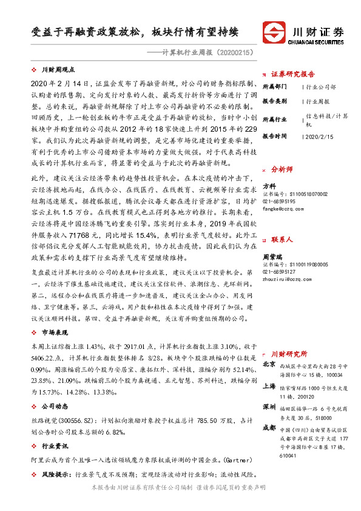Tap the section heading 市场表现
(54, 333)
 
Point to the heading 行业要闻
(54, 445)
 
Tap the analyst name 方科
(269, 186)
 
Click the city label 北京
(270, 364)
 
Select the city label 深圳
(270, 407)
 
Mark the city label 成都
(270, 428)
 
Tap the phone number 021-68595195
(279, 201)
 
